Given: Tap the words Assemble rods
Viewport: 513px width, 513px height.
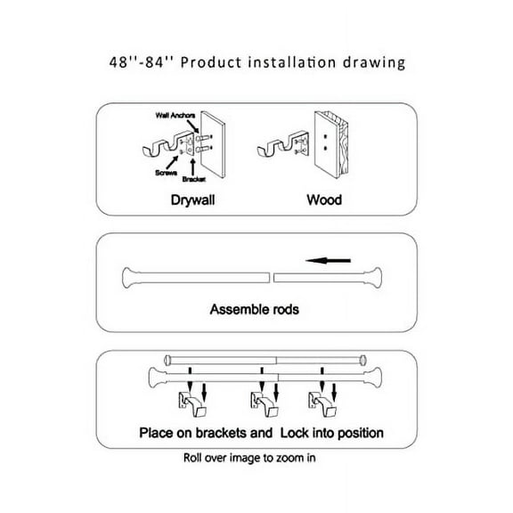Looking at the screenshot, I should tap(254, 311).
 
